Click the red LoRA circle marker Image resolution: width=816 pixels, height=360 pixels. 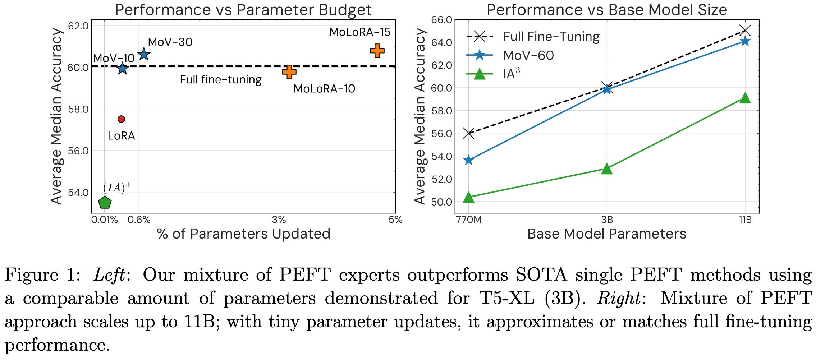121,119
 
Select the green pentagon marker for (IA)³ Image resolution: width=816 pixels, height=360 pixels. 105,203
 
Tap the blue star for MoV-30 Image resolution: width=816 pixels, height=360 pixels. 144,54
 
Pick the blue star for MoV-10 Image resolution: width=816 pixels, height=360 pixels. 123,68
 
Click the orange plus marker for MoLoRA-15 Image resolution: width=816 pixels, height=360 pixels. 377,51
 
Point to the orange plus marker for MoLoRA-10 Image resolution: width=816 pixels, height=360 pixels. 289,72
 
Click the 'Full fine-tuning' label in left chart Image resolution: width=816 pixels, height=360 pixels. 220,80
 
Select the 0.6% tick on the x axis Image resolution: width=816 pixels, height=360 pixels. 139,220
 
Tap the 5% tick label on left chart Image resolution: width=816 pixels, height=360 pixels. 395,220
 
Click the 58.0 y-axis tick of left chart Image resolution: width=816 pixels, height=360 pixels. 78,109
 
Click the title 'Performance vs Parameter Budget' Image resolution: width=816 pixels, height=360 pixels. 243,10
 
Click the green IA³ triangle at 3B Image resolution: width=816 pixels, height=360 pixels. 607,169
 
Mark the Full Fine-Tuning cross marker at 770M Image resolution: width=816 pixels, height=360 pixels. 468,133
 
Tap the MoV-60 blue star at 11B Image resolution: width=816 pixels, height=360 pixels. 745,41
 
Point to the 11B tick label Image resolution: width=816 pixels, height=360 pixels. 745,220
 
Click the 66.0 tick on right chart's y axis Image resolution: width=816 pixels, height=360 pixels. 441,20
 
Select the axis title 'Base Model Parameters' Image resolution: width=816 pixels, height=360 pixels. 606,234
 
